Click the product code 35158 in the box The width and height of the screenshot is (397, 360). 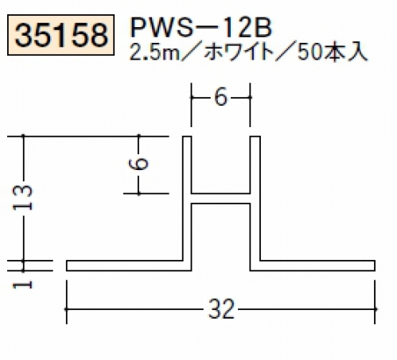pyautogui.click(x=61, y=35)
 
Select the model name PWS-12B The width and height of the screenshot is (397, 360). pyautogui.click(x=201, y=28)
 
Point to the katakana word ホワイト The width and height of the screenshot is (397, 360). pyautogui.click(x=239, y=53)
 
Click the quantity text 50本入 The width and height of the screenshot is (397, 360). pyautogui.click(x=332, y=53)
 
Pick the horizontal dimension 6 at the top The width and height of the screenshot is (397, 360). pyautogui.click(x=220, y=97)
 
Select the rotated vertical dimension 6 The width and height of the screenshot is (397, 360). pyautogui.click(x=138, y=164)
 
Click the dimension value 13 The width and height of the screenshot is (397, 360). pyautogui.click(x=22, y=198)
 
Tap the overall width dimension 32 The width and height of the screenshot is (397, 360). pyautogui.click(x=221, y=309)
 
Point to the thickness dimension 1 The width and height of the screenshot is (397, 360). pyautogui.click(x=22, y=285)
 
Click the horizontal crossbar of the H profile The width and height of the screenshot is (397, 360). pyautogui.click(x=220, y=199)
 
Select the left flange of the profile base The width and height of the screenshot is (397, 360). pyautogui.click(x=124, y=265)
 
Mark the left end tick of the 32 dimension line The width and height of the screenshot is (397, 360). pyautogui.click(x=66, y=309)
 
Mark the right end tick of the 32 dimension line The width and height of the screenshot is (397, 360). pyautogui.click(x=375, y=309)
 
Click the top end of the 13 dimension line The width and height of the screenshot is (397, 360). pyautogui.click(x=23, y=136)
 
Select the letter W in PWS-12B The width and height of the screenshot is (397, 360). pyautogui.click(x=162, y=29)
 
